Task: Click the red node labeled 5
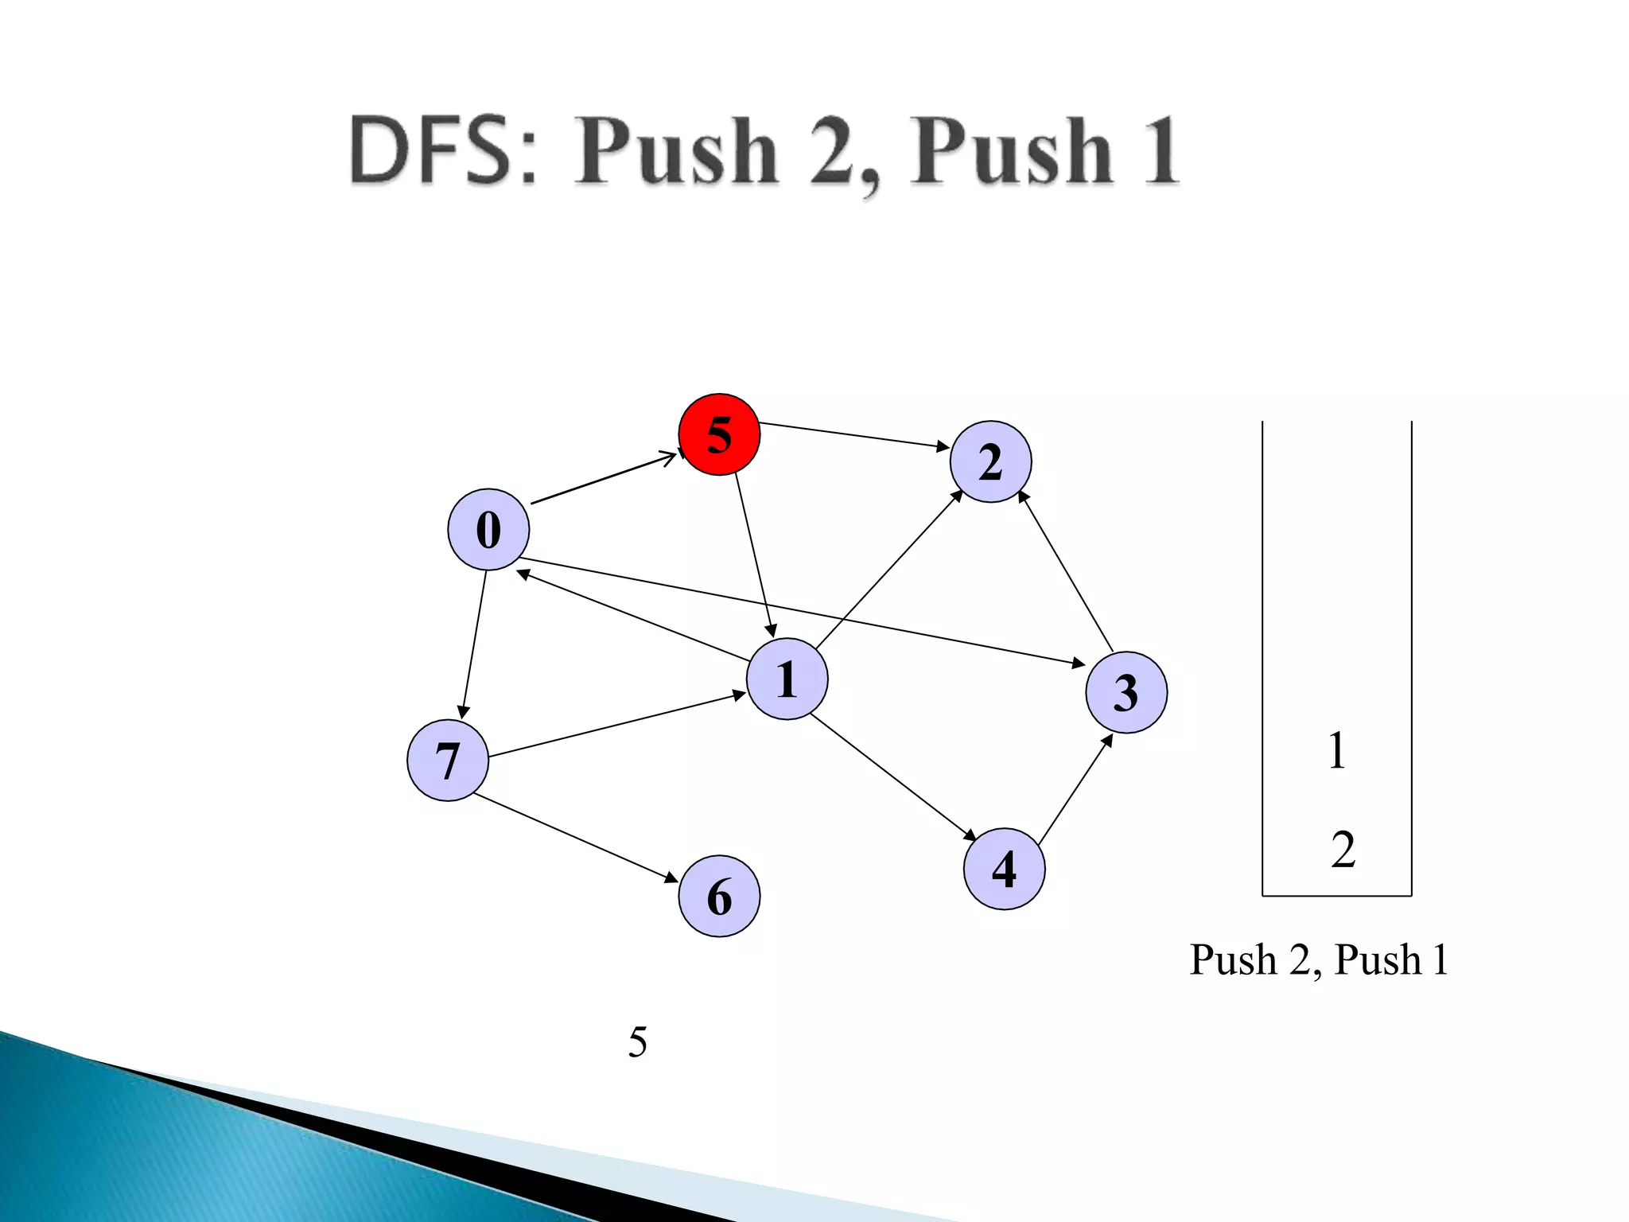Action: tap(719, 434)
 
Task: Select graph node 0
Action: tap(488, 530)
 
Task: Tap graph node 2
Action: tap(990, 461)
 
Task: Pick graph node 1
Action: tap(787, 679)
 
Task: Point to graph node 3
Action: tap(1126, 692)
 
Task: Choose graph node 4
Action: tap(1004, 869)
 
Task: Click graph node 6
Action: tap(719, 897)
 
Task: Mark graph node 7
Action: tap(447, 761)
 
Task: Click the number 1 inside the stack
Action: tap(1337, 751)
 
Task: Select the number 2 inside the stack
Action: tap(1343, 850)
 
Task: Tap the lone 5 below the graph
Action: tap(637, 1042)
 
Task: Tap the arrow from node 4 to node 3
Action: tap(1075, 789)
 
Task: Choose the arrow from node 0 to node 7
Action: tap(474, 644)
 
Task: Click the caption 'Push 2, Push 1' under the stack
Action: tap(1318, 959)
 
